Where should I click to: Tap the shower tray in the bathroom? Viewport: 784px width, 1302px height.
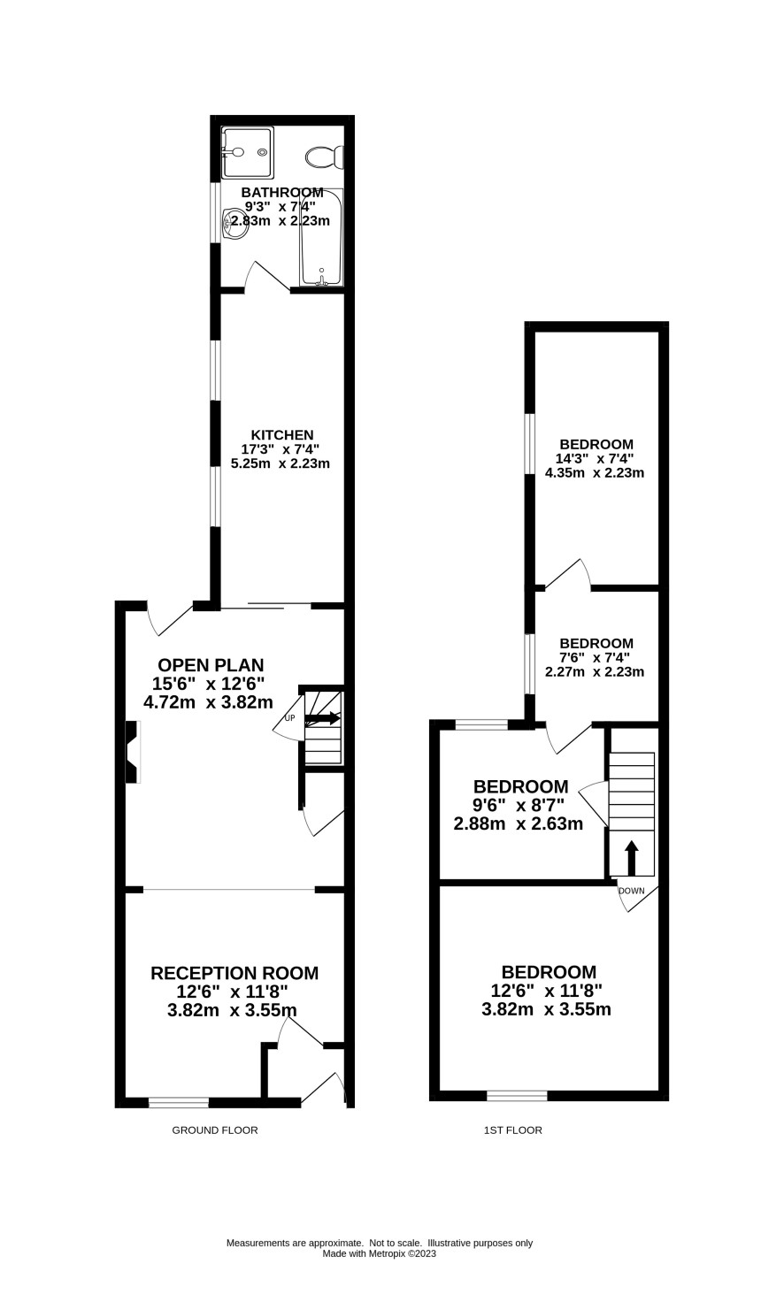[247, 152]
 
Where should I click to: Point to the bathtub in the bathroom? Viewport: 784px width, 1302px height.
[321, 237]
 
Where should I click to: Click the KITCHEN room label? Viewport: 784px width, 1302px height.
[282, 435]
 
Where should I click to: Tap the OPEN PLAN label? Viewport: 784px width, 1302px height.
[211, 665]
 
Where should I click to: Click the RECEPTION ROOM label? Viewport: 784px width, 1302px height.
[234, 973]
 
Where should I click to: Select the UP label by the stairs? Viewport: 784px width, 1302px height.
[289, 718]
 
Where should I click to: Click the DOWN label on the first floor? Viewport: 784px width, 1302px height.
[631, 891]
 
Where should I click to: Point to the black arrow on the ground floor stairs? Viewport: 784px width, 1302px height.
[321, 718]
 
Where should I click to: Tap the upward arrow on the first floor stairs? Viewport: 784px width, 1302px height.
[631, 857]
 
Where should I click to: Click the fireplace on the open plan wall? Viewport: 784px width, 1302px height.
[134, 752]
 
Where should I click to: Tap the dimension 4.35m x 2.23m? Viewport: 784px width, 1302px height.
[594, 472]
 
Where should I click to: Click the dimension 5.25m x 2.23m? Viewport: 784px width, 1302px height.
[281, 463]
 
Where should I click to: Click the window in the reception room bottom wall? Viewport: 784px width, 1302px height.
[179, 1101]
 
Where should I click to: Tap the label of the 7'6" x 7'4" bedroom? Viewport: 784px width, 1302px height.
[596, 643]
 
